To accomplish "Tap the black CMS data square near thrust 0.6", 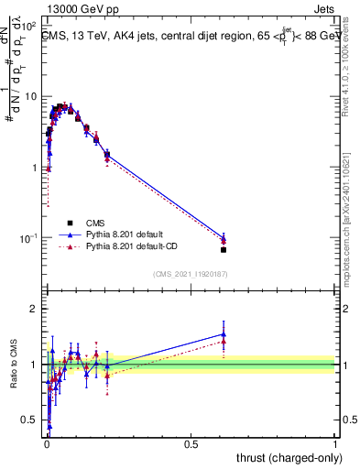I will (224, 249).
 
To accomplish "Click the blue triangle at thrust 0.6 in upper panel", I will (224, 237).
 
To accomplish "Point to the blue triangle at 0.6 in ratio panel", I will (224, 334).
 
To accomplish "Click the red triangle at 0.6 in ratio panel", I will (224, 341).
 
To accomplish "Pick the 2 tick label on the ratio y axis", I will (36, 309).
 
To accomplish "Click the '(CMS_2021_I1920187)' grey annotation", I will (191, 273).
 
